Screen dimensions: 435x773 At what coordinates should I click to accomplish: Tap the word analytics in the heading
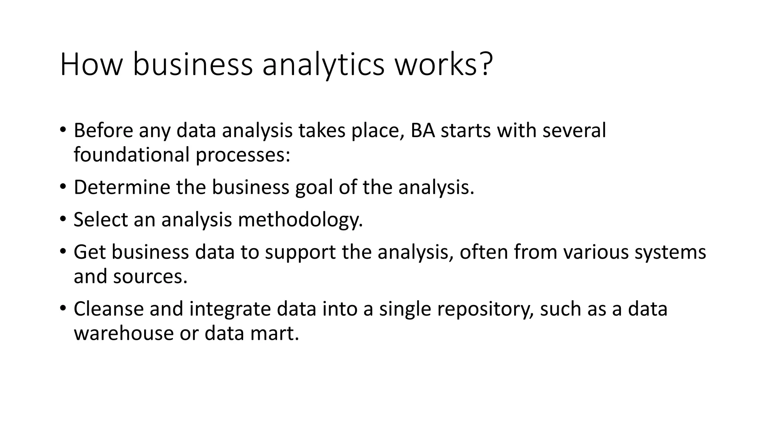(x=323, y=65)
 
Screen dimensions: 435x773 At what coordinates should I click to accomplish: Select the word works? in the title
(x=444, y=65)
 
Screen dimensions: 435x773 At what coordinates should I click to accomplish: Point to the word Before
(x=103, y=130)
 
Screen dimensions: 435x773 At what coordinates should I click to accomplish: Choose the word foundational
(x=131, y=155)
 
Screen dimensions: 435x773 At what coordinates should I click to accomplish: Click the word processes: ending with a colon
(x=243, y=155)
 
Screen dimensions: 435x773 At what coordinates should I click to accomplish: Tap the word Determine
(x=122, y=187)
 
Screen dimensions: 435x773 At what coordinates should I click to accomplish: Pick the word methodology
(x=300, y=220)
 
